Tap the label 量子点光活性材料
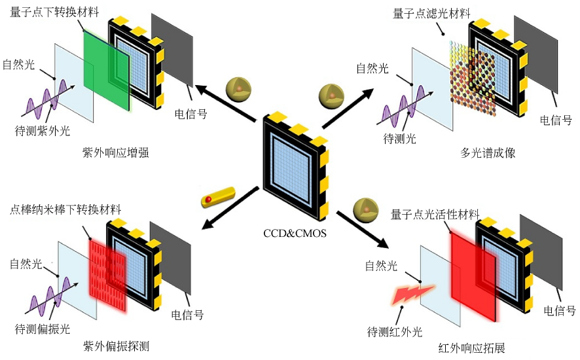click(x=435, y=214)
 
